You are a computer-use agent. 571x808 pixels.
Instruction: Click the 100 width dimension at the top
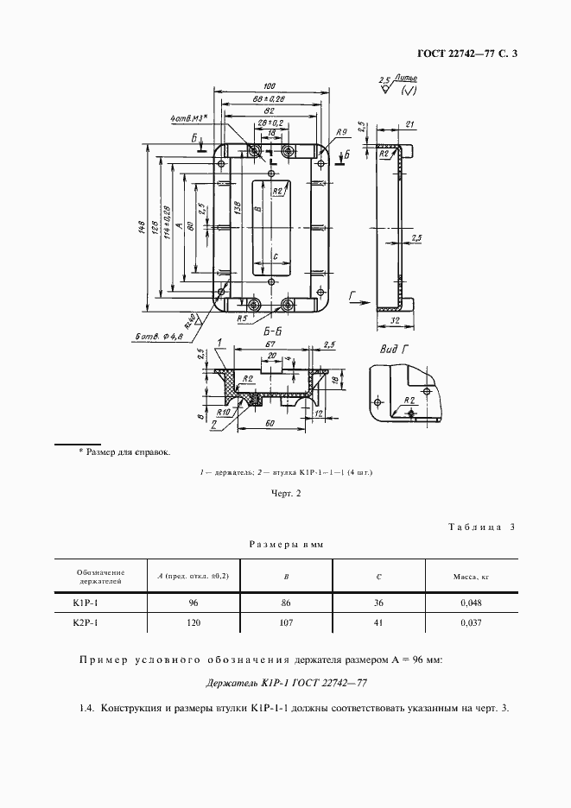[270, 85]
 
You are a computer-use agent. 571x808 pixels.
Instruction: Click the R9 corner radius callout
[341, 132]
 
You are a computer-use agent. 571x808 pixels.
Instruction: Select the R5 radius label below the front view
[244, 319]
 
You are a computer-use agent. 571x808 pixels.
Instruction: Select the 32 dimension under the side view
[394, 320]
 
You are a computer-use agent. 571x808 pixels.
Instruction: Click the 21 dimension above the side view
[409, 123]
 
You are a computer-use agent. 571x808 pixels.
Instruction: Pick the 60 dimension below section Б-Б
[270, 424]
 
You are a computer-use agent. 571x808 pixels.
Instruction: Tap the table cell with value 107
[287, 622]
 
